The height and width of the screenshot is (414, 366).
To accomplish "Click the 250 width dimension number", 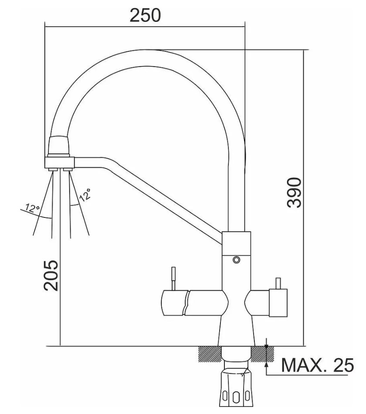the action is tap(145, 15).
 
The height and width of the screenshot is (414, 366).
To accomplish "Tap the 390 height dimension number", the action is tap(295, 193).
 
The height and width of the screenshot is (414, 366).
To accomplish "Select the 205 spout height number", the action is tap(51, 276).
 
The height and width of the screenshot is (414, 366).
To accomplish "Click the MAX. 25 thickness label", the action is tap(317, 365).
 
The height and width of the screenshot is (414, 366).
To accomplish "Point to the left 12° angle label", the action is tap(32, 208).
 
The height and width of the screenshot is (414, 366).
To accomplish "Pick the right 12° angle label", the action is tap(85, 195).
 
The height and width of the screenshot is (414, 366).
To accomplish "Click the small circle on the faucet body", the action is tap(236, 260).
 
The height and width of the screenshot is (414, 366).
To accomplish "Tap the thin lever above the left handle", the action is tap(173, 278).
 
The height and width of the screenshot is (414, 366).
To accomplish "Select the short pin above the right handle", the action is tap(278, 283).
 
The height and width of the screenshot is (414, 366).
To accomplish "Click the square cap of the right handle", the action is tap(278, 303).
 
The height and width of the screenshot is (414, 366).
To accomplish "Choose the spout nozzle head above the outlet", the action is tap(59, 145).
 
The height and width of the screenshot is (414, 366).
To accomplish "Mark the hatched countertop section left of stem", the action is tap(210, 354).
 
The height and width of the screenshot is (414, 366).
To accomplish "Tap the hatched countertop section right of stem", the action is tap(262, 354).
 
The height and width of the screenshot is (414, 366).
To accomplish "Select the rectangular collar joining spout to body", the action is tap(236, 244).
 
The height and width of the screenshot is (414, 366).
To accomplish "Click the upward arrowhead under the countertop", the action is tap(267, 365).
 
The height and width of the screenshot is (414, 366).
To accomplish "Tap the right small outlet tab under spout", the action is tap(68, 169).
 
